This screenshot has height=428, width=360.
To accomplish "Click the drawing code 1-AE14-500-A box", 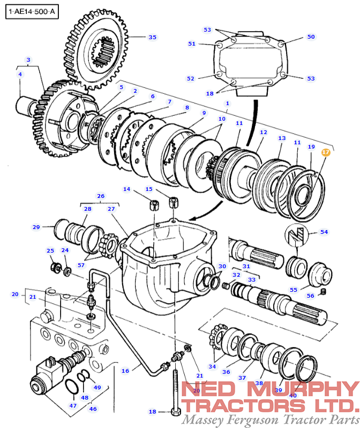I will tap(31, 11).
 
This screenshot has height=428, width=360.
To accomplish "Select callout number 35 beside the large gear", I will tap(153, 37).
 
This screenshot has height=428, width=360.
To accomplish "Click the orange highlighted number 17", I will tap(326, 152).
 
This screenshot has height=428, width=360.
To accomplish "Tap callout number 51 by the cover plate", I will tap(192, 43).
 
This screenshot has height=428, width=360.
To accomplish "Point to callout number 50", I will tap(311, 37).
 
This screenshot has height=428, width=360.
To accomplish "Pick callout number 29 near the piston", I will tap(36, 227).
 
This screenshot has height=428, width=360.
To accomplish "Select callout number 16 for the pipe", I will tap(125, 370).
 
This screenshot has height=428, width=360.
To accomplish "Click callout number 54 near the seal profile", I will tap(324, 232).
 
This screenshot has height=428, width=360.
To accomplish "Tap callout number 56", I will tap(311, 296).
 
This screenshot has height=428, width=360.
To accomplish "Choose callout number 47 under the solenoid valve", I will tap(73, 405).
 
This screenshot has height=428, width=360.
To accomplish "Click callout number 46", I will tap(93, 409).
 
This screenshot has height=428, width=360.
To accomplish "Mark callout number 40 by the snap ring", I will tap(292, 395).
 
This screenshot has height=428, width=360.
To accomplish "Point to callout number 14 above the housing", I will tap(127, 189).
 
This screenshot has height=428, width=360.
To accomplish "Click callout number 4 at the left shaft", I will tap(20, 74).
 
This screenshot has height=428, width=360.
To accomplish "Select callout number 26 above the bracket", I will tap(100, 196).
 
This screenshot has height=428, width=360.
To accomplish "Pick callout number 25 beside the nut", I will tap(50, 250).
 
